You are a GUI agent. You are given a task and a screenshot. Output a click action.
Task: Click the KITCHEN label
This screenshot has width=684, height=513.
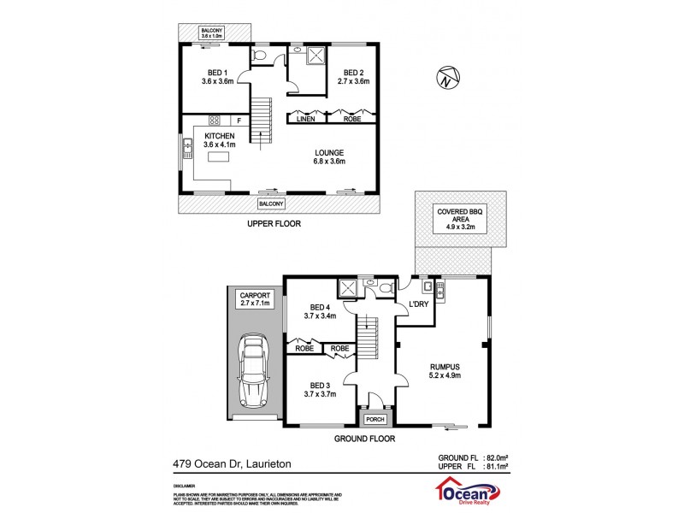219,136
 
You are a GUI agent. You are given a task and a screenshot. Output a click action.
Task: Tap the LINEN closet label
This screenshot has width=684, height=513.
305,120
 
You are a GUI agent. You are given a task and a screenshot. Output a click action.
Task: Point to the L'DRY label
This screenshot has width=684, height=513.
419,304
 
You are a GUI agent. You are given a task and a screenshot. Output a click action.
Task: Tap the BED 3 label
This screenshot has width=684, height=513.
321,385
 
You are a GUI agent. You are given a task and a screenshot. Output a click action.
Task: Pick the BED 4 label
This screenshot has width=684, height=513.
321,308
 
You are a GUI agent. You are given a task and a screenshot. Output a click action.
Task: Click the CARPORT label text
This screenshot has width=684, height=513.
254,294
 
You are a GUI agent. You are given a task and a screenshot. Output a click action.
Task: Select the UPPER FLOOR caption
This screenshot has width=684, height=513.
274,224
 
